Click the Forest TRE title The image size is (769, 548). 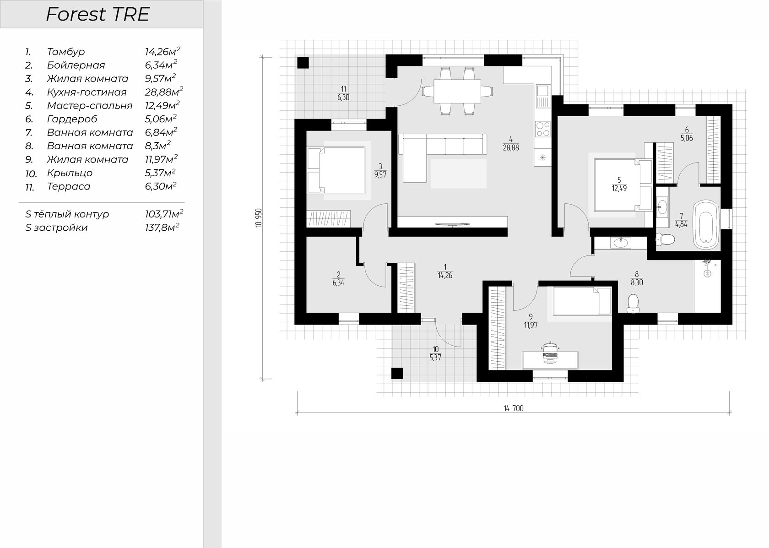(97, 15)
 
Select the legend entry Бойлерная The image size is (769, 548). (76, 65)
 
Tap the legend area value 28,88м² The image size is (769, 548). (164, 92)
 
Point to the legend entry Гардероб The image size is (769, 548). (72, 119)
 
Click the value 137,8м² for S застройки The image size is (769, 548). (162, 227)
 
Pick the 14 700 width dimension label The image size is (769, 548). (514, 408)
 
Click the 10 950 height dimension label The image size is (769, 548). (259, 218)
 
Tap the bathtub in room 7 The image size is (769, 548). (706, 224)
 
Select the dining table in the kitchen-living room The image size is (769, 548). (457, 92)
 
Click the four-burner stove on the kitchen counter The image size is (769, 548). (543, 129)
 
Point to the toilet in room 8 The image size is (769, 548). (633, 304)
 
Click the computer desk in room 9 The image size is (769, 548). (550, 360)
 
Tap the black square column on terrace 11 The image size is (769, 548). (303, 63)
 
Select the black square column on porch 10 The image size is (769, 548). (397, 374)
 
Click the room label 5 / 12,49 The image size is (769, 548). (619, 184)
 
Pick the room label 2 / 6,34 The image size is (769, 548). (338, 279)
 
